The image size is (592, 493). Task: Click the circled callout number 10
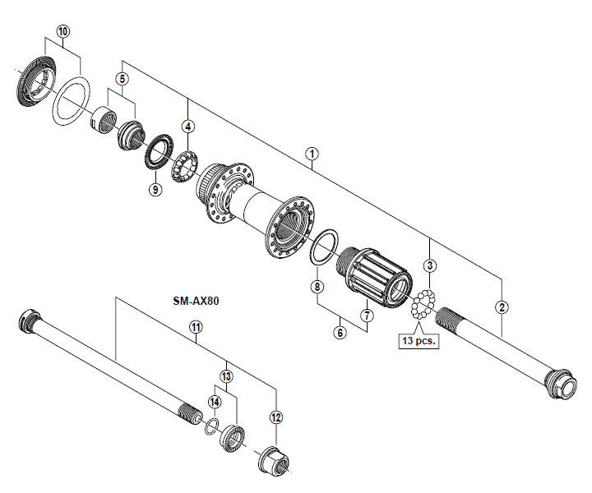pyautogui.click(x=63, y=31)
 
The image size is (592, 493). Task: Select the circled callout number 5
pyautogui.click(x=122, y=79)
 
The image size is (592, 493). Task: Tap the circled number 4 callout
pyautogui.click(x=188, y=127)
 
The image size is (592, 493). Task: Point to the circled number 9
pyautogui.click(x=155, y=189)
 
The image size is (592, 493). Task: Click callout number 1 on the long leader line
pyautogui.click(x=312, y=154)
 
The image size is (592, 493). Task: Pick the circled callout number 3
pyautogui.click(x=430, y=265)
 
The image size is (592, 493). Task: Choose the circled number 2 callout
pyautogui.click(x=502, y=307)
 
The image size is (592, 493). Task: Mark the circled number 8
pyautogui.click(x=317, y=287)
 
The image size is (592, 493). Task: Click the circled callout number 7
pyautogui.click(x=367, y=315)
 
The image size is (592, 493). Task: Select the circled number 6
pyautogui.click(x=340, y=332)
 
